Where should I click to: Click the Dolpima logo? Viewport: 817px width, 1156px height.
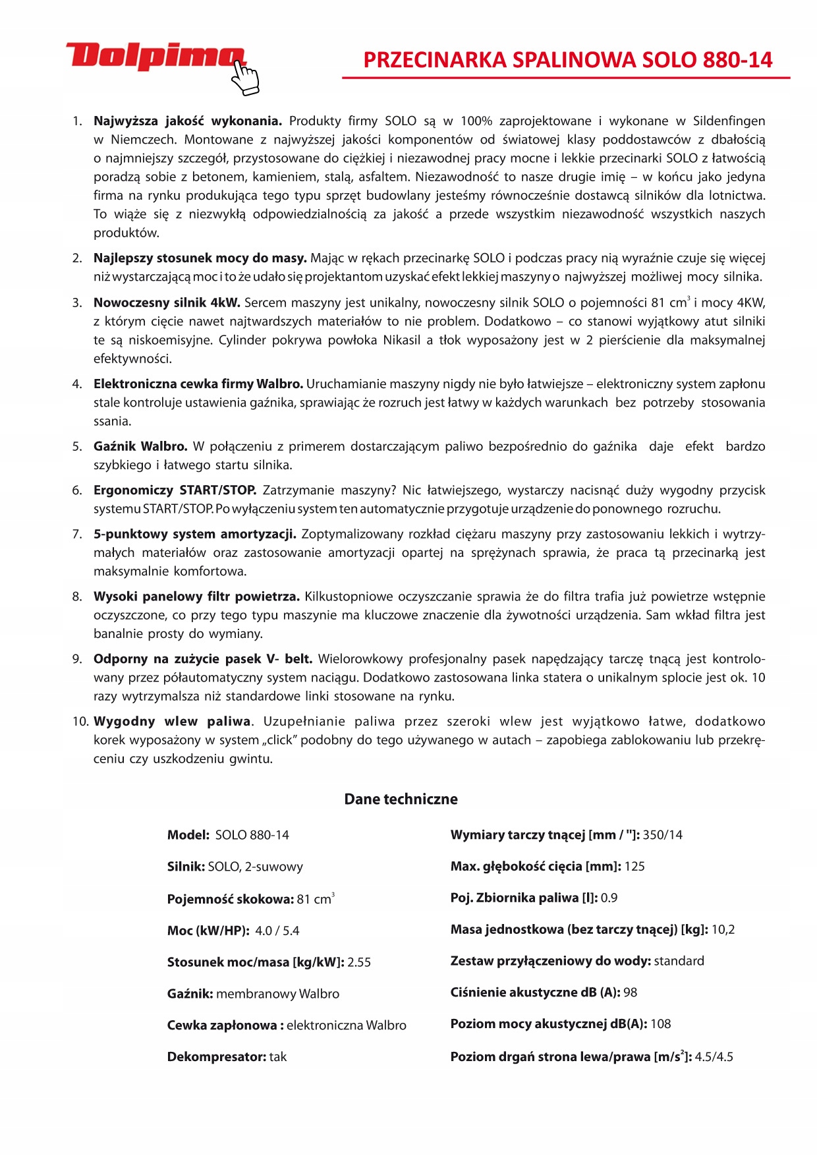coord(155,55)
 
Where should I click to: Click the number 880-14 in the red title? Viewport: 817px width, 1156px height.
coord(737,60)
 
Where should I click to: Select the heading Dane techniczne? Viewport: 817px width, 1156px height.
coord(401,799)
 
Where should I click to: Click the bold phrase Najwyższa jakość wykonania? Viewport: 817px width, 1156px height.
coord(188,121)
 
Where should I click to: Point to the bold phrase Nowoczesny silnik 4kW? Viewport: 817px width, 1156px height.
coord(167,303)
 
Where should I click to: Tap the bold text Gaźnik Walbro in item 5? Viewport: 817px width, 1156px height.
coord(140,447)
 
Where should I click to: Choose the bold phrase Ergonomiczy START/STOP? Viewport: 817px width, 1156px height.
coord(175,490)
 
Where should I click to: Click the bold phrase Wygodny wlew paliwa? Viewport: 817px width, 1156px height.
coord(172,722)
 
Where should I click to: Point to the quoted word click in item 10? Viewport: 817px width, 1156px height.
coord(279,740)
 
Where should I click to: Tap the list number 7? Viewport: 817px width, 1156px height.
coord(77,535)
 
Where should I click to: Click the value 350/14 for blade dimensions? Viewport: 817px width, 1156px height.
coord(662,835)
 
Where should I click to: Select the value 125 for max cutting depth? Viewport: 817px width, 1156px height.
coord(634,867)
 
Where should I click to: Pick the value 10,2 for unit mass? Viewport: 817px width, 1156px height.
coord(723,930)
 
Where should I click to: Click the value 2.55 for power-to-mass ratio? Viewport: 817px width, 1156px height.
coord(359,962)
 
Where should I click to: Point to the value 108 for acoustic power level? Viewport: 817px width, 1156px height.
coord(660,1024)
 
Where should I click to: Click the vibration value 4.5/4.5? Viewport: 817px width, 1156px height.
coord(714,1057)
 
